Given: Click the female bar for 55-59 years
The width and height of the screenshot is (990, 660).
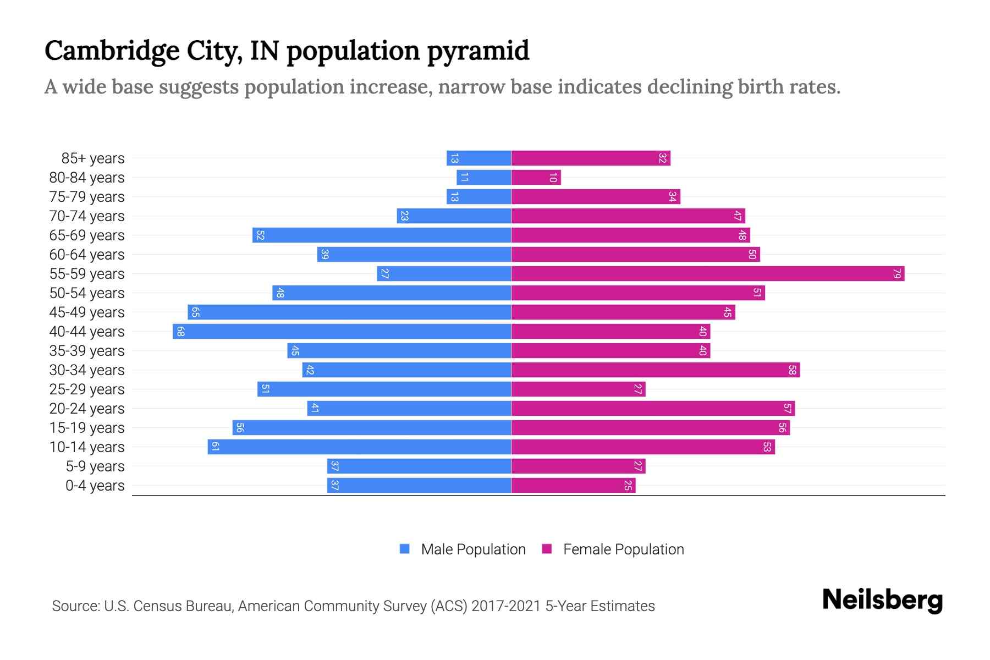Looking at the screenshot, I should click(708, 274).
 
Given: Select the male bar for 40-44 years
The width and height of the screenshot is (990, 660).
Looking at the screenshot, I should click(342, 332).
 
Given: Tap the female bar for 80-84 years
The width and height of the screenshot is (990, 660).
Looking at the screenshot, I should click(536, 178).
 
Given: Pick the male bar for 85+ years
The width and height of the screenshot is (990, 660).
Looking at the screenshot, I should click(479, 158).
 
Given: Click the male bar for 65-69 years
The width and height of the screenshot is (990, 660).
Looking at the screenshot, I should click(382, 235).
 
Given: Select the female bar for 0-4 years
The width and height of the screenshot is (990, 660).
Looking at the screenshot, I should click(573, 486).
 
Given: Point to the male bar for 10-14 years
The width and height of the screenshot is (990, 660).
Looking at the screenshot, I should click(359, 447).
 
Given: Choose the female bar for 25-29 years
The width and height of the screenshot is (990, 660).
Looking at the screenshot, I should click(578, 389).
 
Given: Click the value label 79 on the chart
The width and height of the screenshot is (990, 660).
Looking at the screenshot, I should click(897, 274).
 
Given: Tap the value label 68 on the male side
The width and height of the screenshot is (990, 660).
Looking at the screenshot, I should click(180, 332).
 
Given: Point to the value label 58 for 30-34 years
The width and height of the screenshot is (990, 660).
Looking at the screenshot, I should click(792, 370).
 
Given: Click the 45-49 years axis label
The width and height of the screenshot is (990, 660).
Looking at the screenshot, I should click(87, 312).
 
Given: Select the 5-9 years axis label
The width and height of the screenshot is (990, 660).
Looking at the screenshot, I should click(95, 466).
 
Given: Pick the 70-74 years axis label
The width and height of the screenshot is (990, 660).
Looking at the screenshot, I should click(87, 216).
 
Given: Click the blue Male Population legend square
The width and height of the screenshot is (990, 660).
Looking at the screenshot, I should click(405, 549).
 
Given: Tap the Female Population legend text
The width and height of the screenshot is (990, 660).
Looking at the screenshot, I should click(623, 549).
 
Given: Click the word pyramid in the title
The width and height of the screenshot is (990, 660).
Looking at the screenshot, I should click(478, 51).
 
